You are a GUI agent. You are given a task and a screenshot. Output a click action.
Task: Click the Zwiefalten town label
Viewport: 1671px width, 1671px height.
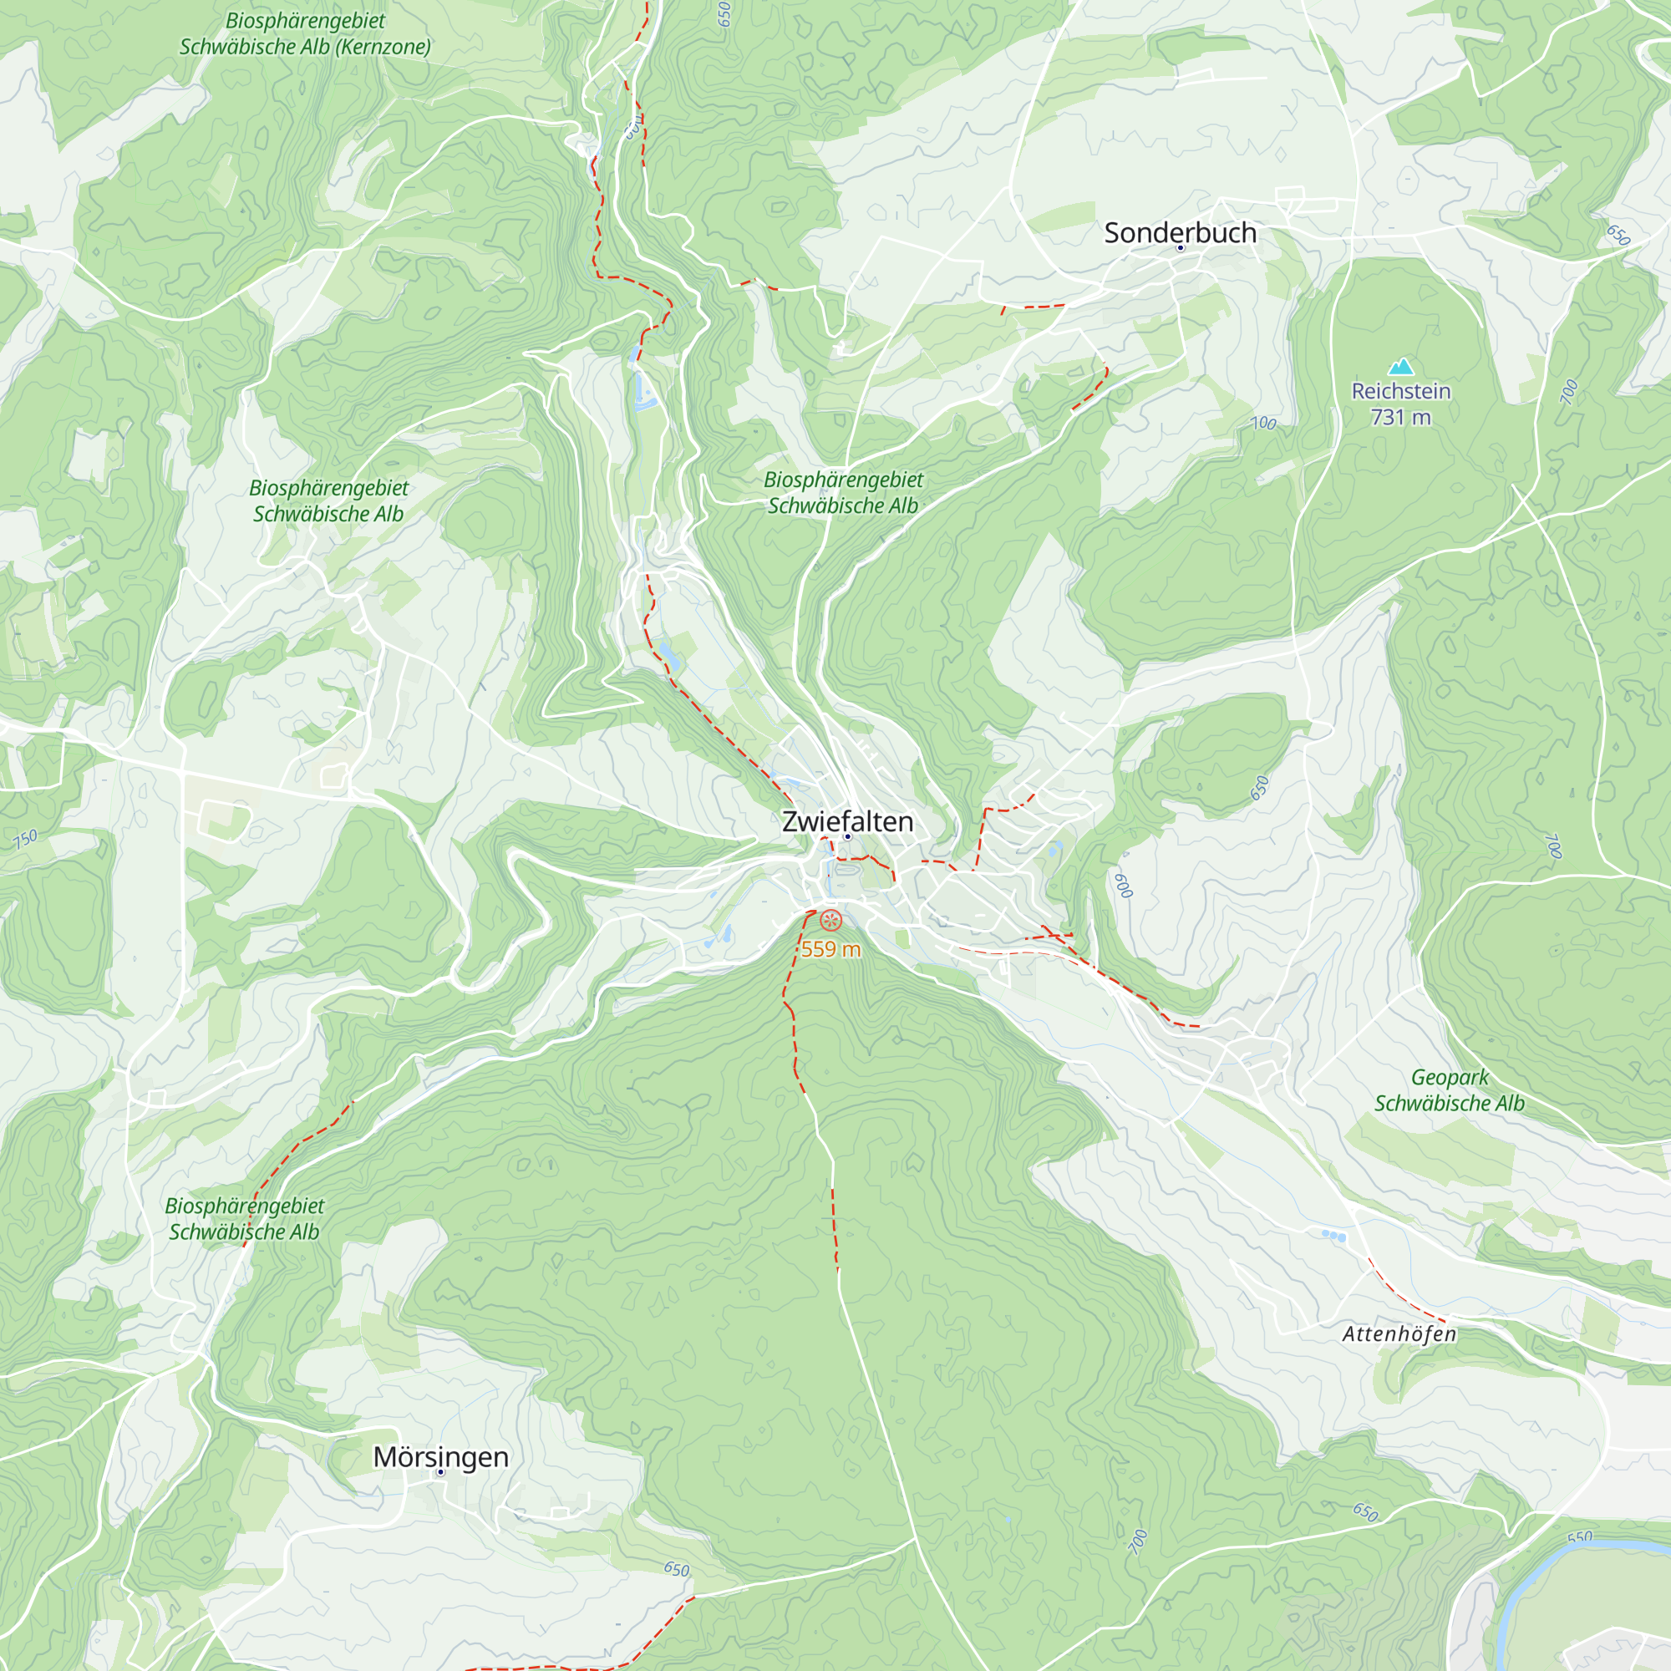(x=846, y=820)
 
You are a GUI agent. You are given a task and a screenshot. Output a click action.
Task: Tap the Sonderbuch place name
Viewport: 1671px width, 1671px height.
(x=1180, y=232)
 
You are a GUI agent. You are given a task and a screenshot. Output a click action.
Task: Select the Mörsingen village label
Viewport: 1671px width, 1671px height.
(x=440, y=1456)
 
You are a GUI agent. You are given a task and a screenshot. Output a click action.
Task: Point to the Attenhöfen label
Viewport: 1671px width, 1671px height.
(x=1399, y=1333)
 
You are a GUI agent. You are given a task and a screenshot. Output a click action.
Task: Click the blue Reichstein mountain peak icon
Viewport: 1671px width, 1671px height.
(x=1400, y=367)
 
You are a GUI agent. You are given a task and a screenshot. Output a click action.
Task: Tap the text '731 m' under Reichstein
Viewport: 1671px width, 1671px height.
(x=1400, y=417)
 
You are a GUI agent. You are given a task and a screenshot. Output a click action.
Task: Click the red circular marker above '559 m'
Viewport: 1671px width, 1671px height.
(x=830, y=920)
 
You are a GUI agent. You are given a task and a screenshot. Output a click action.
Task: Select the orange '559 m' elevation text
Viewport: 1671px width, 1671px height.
(x=830, y=950)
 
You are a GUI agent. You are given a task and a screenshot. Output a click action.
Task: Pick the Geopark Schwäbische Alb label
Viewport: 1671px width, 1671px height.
(x=1449, y=1089)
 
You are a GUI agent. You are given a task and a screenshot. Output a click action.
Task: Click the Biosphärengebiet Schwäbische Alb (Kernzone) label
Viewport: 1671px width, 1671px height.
(x=304, y=33)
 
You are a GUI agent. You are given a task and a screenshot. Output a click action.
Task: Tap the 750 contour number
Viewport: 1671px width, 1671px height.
(x=25, y=838)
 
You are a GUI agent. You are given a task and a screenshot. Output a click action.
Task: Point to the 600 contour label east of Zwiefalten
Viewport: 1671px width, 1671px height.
(x=1123, y=886)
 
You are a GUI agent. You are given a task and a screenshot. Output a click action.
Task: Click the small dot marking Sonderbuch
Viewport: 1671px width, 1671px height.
(x=1180, y=248)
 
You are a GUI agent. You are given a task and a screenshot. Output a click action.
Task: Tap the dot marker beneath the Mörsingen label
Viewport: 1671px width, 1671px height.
(x=440, y=1472)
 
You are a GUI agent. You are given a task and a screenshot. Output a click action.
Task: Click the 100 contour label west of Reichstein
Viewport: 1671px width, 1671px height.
(x=1263, y=423)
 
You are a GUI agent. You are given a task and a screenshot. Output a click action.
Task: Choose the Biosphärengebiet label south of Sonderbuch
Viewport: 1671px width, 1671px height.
(x=843, y=492)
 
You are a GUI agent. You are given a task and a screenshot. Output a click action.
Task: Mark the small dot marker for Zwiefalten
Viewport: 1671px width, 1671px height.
(x=847, y=836)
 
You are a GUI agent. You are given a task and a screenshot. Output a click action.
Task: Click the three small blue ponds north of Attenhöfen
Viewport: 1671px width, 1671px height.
(x=1333, y=1237)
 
